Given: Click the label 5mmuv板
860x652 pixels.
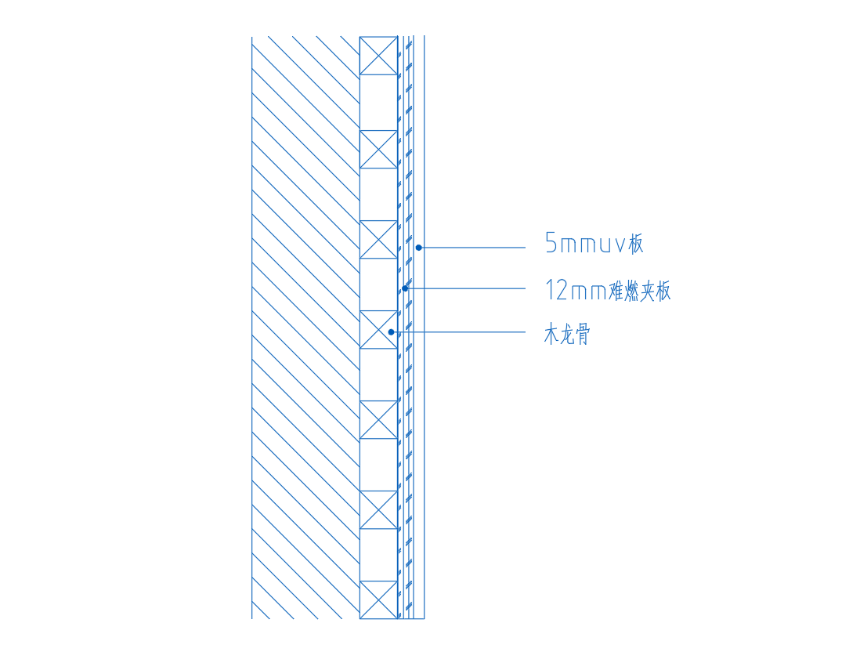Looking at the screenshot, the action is coord(594,244).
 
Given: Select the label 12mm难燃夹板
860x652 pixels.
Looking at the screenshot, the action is coord(608,290).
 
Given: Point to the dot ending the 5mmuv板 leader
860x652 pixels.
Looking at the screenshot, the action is coord(418,248).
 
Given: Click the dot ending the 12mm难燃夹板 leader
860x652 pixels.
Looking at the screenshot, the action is coord(405,288).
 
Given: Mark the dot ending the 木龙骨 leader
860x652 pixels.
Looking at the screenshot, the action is coord(391,332).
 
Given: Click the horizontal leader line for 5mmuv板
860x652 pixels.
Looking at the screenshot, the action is coord(472,248).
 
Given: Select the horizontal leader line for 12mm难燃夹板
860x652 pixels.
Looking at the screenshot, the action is coord(465,288).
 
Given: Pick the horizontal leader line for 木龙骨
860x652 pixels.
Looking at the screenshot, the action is coord(458,332).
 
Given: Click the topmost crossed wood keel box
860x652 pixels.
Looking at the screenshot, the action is coord(378,56).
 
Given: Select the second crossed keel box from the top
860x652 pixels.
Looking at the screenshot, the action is coord(378,149).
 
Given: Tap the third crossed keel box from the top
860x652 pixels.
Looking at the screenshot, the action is coord(378,239).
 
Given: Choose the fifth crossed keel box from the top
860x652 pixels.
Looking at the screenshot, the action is coord(378,420).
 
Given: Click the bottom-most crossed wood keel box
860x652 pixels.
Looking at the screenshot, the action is coord(378,599).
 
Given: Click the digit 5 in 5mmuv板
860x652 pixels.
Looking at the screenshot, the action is coord(551,244).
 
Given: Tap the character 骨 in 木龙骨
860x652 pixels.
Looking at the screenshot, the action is coord(583,335).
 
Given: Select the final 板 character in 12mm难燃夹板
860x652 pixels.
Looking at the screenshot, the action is coord(663,290).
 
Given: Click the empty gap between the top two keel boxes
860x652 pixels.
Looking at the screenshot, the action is coord(378,103).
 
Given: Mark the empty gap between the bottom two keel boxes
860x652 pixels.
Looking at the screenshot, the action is coord(378,555).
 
